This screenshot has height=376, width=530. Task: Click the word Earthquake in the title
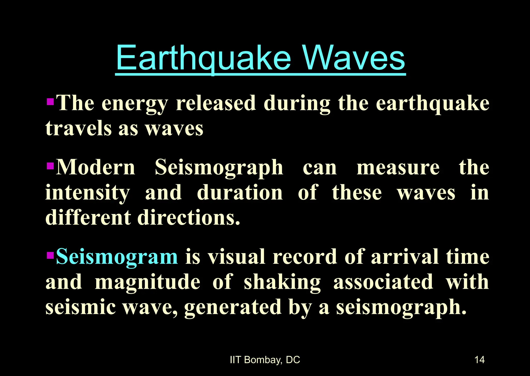point(204,58)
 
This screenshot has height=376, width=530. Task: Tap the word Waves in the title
point(354,58)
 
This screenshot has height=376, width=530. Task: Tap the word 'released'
point(216,104)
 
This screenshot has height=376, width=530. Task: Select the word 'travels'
point(78,129)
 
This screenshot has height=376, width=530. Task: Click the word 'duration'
point(240,193)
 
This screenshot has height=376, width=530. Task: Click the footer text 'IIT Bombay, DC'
point(265,360)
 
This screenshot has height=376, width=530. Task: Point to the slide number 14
point(480,360)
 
